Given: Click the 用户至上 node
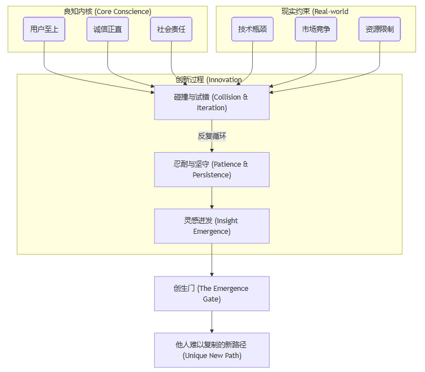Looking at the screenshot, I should click(44, 29).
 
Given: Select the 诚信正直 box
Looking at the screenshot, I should click(107, 29).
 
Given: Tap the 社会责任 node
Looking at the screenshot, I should click(171, 29).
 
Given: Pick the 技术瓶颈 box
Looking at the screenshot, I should click(252, 29).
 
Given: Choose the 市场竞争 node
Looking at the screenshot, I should click(316, 29).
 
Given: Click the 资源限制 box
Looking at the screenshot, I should click(380, 29).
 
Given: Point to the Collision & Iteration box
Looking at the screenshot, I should click(211, 102).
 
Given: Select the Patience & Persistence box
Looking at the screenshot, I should click(211, 169).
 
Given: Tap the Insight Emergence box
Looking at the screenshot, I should click(211, 226).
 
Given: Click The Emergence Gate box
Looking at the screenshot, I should click(211, 294).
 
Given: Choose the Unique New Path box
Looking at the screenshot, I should click(211, 350).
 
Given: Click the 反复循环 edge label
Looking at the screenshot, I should click(211, 136).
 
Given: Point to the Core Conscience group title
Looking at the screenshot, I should click(107, 11).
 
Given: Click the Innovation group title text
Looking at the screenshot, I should click(209, 79).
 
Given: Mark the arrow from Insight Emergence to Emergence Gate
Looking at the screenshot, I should click(211, 260).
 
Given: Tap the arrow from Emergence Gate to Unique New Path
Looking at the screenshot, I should click(211, 322).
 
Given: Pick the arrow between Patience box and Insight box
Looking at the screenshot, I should click(211, 198).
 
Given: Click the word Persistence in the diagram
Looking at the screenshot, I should click(212, 175).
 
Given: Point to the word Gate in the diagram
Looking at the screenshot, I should click(212, 299).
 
